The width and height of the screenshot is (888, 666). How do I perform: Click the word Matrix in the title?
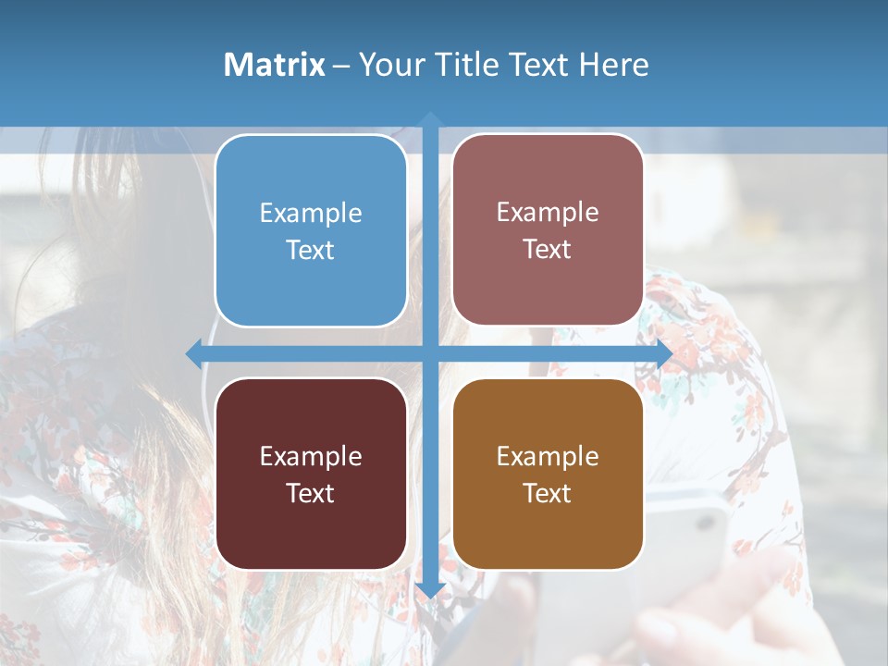click(275, 65)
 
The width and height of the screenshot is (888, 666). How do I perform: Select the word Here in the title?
click(614, 65)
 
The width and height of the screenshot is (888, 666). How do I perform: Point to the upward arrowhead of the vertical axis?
click(430, 119)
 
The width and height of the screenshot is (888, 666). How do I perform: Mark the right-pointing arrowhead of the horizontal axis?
click(663, 353)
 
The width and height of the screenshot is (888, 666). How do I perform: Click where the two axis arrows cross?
click(430, 353)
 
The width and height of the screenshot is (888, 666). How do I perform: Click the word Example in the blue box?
click(311, 214)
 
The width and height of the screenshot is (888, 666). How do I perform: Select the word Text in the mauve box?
click(548, 250)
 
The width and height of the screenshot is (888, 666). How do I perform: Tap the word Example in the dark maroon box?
click(311, 456)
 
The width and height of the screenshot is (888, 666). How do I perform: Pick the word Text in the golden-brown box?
click(548, 493)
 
